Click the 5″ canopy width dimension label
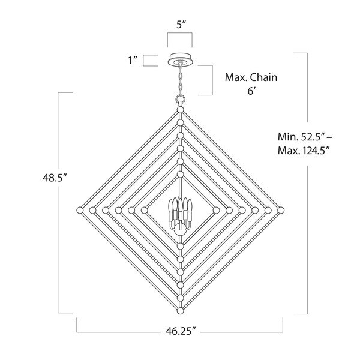181,25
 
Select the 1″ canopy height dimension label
133,61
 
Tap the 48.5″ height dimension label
55,178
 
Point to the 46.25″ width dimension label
181,331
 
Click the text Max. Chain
251,77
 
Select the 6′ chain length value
251,91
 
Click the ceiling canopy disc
181,59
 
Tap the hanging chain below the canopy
181,80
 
